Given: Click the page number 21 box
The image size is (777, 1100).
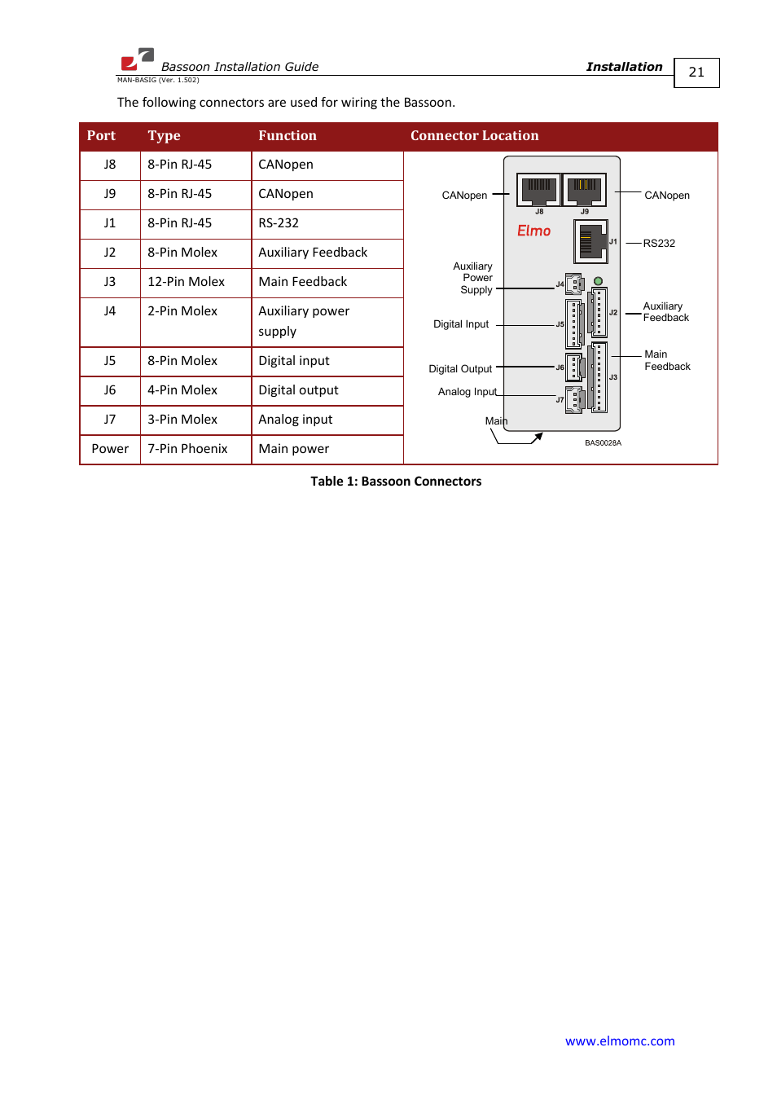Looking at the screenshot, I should coord(696,73).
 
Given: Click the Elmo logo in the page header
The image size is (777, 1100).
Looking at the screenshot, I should coord(137,59).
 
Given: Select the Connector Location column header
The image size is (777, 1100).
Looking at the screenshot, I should coord(474,136).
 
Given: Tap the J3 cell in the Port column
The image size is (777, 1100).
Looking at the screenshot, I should coord(110,282).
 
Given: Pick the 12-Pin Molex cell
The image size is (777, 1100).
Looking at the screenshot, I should coord(186,282).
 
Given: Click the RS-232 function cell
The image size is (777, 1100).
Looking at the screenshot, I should coord(279,223).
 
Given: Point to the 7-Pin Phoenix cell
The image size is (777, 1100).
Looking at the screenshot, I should coord(187,449).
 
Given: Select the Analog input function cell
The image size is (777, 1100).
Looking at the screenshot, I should coord(296,420).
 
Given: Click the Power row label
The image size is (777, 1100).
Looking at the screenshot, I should coord(110,449).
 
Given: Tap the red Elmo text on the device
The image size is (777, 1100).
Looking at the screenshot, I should coord(533,231).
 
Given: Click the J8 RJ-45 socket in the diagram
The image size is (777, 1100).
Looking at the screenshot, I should coord(538,190).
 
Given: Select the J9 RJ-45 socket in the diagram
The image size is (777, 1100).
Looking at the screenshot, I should coord(584,190).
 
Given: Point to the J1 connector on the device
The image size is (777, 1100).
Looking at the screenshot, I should coord(590,241).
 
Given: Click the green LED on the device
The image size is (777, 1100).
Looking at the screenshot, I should coord(598,281).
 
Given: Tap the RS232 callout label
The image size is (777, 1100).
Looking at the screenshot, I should coord(659,244).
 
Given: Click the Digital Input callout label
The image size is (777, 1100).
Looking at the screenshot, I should coord(461,324).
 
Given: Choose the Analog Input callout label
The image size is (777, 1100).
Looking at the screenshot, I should coord(467,392).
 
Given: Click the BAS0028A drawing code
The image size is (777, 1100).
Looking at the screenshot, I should coord(603,443).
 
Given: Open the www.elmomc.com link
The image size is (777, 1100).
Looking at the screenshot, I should coord(620,1041).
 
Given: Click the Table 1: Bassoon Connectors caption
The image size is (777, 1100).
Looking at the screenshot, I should coord(396,482).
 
